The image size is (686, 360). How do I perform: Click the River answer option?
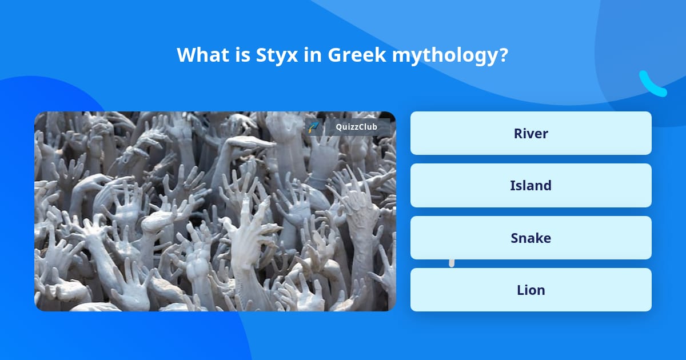tap(531, 133)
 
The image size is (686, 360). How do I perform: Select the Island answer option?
tap(531, 185)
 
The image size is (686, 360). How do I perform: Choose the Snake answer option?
tap(531, 238)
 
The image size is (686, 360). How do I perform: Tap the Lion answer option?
tap(531, 290)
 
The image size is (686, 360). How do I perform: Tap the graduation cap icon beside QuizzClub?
tap(313, 127)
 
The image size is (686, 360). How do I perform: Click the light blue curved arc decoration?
tap(652, 84)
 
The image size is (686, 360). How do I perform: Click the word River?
tap(531, 133)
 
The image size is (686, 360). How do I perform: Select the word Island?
tap(531, 185)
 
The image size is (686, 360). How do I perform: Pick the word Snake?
tap(531, 238)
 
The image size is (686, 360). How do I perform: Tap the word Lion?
tap(531, 290)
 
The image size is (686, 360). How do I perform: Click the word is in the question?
tap(238, 55)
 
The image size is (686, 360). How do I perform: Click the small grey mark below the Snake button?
tap(452, 263)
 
